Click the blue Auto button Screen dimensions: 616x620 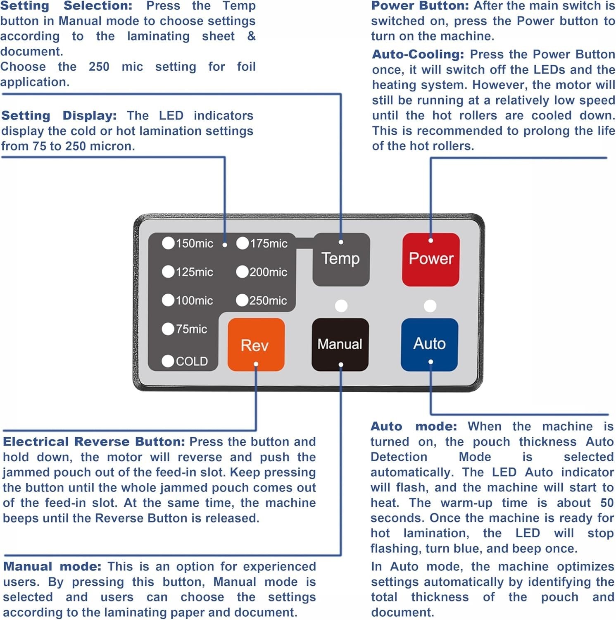pyautogui.click(x=430, y=344)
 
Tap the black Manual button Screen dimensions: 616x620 pyautogui.click(x=340, y=344)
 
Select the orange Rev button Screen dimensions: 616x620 pyautogui.click(x=256, y=344)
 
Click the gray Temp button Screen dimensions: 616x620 pyautogui.click(x=341, y=259)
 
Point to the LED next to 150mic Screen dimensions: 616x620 pyautogui.click(x=168, y=243)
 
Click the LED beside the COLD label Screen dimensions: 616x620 pyautogui.click(x=168, y=361)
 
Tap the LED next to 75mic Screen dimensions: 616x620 pyautogui.click(x=168, y=329)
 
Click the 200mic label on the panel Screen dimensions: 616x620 pyautogui.click(x=268, y=272)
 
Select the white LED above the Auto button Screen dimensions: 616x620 pyautogui.click(x=430, y=306)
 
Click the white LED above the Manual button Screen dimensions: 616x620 pyautogui.click(x=341, y=306)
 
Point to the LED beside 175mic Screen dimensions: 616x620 pyautogui.click(x=242, y=243)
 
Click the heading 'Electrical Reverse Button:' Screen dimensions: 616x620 pyautogui.click(x=94, y=441)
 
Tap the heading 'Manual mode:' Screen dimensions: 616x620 pyautogui.click(x=52, y=566)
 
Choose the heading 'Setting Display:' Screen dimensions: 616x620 pyautogui.click(x=59, y=116)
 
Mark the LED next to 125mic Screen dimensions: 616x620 pyautogui.click(x=168, y=272)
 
